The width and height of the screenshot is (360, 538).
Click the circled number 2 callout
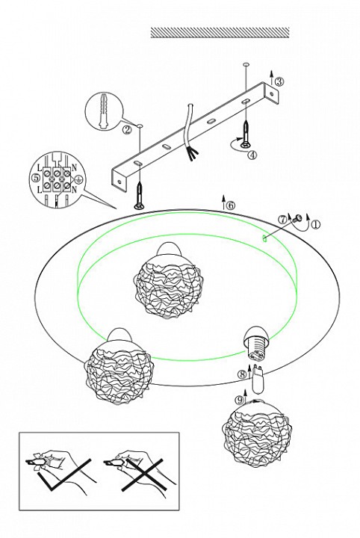pyautogui.click(x=127, y=130)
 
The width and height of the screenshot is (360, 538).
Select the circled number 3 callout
pyautogui.click(x=279, y=81)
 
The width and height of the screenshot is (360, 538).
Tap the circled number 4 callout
pyautogui.click(x=252, y=155)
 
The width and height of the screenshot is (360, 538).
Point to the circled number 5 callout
pyautogui.click(x=34, y=178)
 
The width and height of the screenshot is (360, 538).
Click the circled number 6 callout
pyautogui.click(x=231, y=205)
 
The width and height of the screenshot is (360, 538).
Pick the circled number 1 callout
pyautogui.click(x=315, y=225)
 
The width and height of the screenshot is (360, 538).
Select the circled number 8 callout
pyautogui.click(x=243, y=374)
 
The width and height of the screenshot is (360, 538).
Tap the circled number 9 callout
pyautogui.click(x=240, y=400)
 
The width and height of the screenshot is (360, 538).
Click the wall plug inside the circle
pyautogui.click(x=103, y=111)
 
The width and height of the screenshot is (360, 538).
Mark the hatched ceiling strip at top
pyautogui.click(x=220, y=32)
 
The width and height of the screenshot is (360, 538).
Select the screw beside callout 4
pyautogui.click(x=246, y=134)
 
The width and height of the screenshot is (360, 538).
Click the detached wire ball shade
pyautogui.click(x=257, y=429)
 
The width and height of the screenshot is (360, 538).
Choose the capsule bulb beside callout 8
pyautogui.click(x=258, y=380)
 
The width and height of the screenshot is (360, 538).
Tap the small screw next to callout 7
pyautogui.click(x=297, y=217)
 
